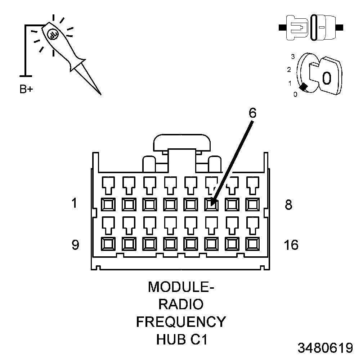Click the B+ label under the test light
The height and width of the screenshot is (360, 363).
26,89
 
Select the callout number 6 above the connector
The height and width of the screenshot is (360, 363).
252,113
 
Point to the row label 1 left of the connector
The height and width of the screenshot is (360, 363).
75,203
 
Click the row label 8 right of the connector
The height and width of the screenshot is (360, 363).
288,205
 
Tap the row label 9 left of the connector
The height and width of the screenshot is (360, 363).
75,245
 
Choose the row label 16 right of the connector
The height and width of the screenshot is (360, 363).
291,245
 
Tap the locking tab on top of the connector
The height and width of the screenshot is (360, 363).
183,143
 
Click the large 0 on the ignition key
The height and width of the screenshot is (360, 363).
326,78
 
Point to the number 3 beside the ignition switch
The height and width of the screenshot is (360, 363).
293,57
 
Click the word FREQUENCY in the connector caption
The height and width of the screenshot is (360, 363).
181,321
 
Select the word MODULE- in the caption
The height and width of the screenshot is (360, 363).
181,287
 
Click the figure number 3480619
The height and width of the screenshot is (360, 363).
325,348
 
